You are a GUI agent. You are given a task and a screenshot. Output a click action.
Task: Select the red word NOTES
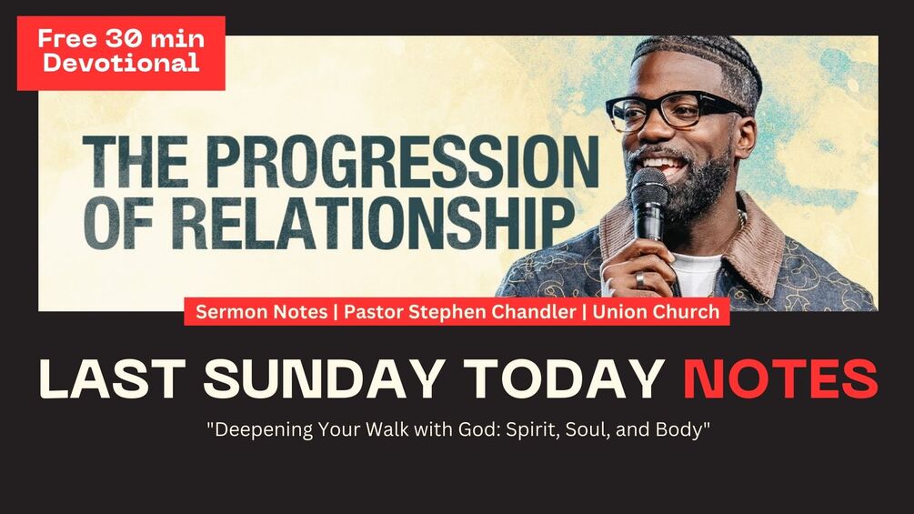780,379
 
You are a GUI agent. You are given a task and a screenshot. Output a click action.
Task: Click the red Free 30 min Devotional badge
121,52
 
